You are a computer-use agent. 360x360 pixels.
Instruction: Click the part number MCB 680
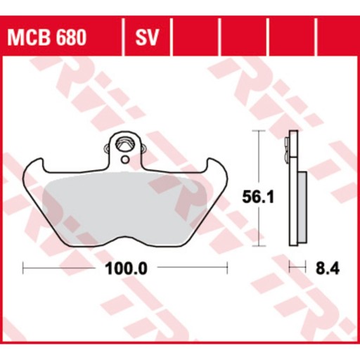(x=47, y=37)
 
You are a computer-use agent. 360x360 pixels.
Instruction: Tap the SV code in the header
(x=147, y=37)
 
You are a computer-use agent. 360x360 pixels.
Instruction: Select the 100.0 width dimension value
(x=127, y=269)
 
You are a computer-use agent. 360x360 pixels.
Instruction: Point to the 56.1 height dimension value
(x=258, y=197)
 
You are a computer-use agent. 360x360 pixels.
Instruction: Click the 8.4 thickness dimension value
(x=328, y=269)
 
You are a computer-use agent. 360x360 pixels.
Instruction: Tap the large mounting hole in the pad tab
(x=125, y=145)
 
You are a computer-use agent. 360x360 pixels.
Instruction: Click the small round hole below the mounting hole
(x=125, y=160)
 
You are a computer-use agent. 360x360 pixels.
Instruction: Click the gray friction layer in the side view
(x=302, y=207)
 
